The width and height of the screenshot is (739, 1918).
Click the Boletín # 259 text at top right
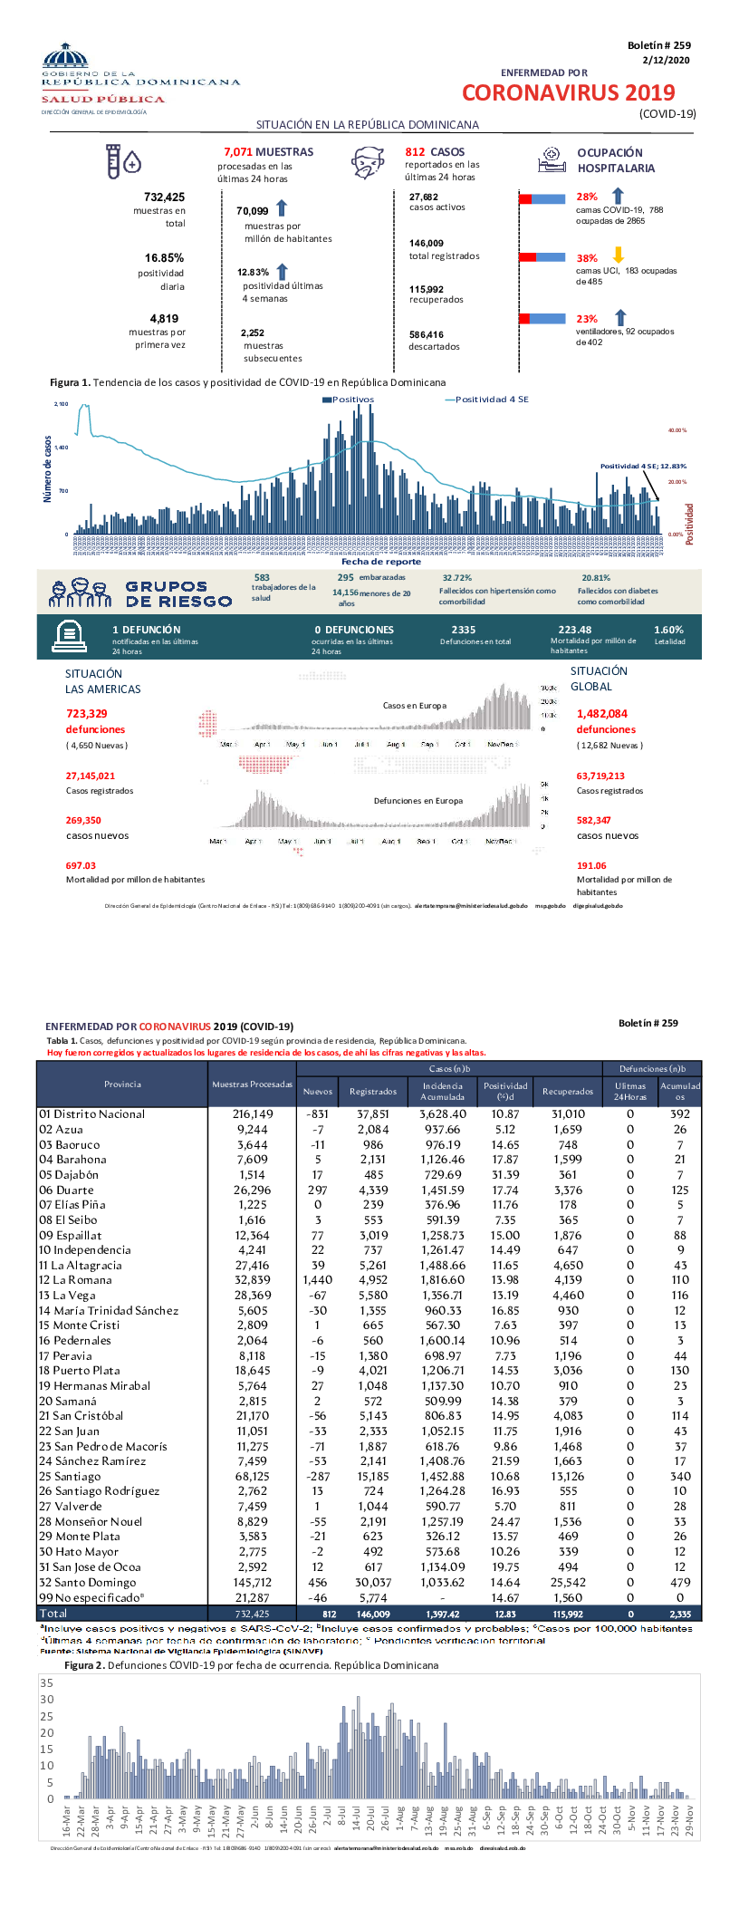(658, 45)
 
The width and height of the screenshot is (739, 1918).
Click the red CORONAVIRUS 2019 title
(568, 92)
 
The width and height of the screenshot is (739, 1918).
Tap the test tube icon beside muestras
(113, 161)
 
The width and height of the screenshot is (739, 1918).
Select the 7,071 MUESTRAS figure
(268, 152)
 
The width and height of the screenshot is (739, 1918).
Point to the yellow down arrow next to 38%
(619, 255)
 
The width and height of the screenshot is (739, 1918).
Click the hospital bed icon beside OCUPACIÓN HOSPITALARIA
(552, 160)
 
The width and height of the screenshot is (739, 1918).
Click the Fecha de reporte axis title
(380, 562)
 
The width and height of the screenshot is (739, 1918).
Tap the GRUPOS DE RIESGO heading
(178, 594)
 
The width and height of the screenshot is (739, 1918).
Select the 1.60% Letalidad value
(668, 630)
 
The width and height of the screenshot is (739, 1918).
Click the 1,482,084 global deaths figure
(601, 714)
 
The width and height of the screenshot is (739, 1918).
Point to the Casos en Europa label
(414, 705)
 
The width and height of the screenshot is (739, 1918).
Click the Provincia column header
(122, 1084)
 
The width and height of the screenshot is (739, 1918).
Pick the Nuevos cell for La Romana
(317, 1280)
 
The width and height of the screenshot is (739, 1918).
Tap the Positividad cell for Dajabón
(504, 1175)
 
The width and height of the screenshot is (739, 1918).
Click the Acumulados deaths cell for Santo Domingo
(679, 1583)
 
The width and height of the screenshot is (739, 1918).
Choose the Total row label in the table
(53, 1614)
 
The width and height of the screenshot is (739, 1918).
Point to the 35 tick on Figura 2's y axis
(47, 1683)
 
